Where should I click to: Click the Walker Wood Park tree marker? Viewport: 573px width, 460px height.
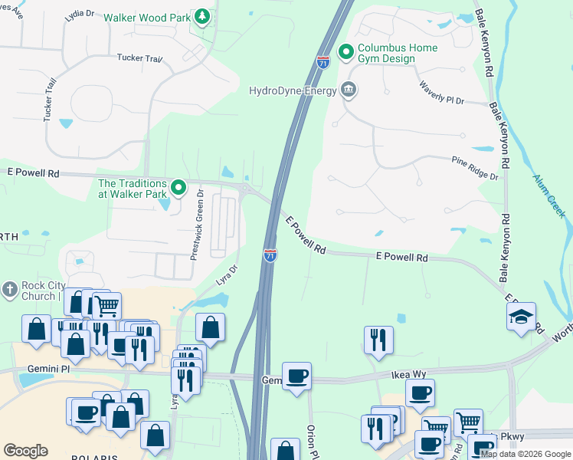(x=202, y=16)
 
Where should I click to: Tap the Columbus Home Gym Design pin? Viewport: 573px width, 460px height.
(x=346, y=53)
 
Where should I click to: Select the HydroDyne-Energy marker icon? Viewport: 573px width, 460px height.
(x=349, y=90)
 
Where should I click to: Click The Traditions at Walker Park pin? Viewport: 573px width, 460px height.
(x=178, y=187)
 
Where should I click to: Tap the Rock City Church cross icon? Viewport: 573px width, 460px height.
(x=9, y=289)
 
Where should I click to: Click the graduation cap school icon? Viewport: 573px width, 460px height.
(x=521, y=317)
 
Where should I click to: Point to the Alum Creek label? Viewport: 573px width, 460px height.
(x=548, y=195)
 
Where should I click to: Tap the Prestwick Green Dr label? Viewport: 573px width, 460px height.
(x=195, y=224)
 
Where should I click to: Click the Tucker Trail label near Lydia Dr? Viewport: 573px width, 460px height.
(x=139, y=58)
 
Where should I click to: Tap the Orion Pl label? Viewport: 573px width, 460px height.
(x=312, y=442)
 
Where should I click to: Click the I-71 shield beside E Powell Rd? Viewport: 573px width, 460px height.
(x=270, y=255)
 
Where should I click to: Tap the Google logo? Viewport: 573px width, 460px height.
(x=26, y=451)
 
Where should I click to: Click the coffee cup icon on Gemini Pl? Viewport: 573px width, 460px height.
(x=296, y=376)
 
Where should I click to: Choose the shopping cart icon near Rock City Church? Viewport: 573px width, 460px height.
(x=106, y=306)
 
